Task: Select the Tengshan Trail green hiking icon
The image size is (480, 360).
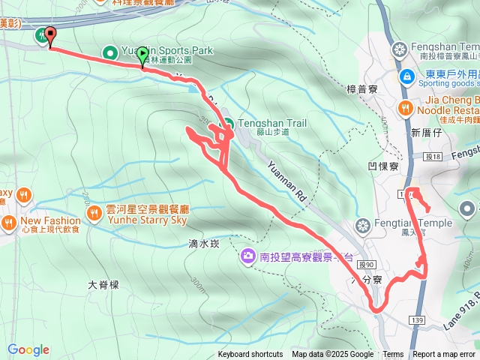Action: click(x=226, y=124)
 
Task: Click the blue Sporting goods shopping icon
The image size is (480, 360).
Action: click(x=406, y=75)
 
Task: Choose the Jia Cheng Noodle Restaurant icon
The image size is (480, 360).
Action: click(x=406, y=108)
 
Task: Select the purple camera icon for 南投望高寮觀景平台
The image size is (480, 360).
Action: click(x=247, y=258)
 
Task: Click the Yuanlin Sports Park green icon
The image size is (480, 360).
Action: click(x=109, y=52)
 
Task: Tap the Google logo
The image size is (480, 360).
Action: click(x=28, y=349)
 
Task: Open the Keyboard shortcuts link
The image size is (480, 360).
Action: click(x=250, y=355)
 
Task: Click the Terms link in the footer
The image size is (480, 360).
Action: click(x=393, y=355)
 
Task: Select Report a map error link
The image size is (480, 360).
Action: click(x=444, y=355)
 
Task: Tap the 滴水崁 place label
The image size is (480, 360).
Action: click(x=204, y=244)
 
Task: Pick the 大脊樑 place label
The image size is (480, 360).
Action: click(x=103, y=285)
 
